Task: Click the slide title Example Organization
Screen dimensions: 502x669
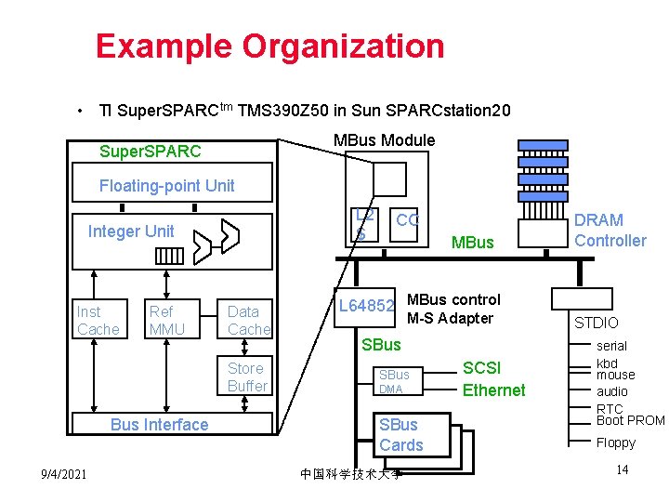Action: coord(269,46)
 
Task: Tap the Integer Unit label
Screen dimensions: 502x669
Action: coord(131,231)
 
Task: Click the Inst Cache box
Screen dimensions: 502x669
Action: coord(98,320)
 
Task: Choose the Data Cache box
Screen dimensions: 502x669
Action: coord(248,320)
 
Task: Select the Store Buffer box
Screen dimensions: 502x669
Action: coord(247,376)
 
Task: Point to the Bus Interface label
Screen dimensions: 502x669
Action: coord(159,425)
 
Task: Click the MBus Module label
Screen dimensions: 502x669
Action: coord(384,140)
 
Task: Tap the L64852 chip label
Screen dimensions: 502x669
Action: coord(367,305)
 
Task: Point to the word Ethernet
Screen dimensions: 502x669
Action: coord(493,390)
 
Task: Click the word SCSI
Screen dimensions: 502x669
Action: coord(482,368)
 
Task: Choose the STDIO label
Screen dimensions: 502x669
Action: coord(596,324)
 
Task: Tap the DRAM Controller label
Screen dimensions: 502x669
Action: coord(610,230)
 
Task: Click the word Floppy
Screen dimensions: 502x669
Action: coord(615,443)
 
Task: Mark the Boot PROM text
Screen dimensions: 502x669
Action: coord(631,420)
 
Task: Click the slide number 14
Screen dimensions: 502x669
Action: coord(623,469)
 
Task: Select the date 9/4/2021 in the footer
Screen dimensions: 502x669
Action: coord(64,475)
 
